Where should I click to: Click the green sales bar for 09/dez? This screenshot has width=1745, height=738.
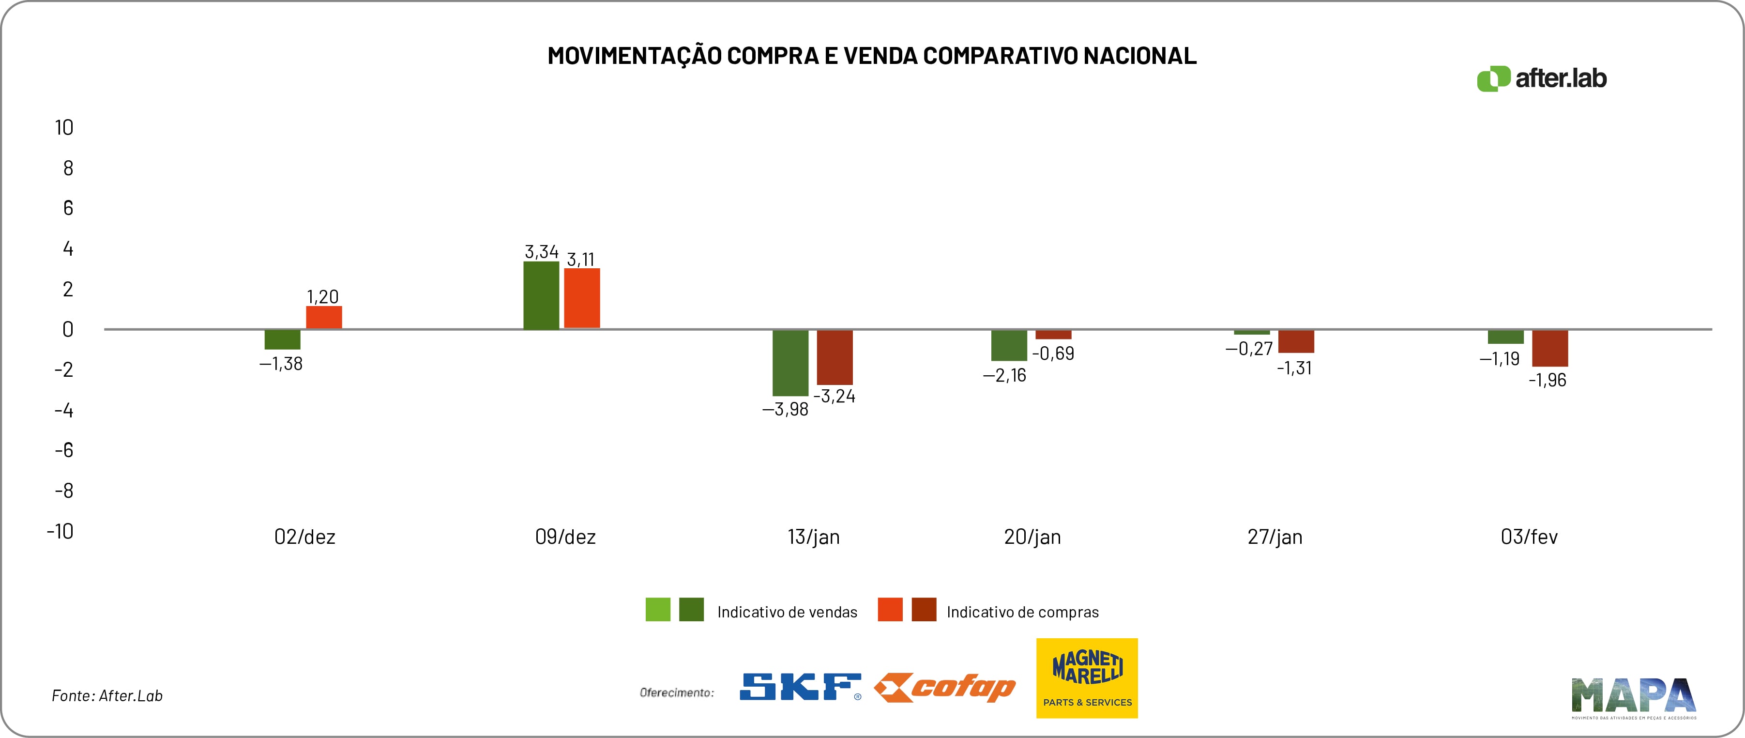click(x=541, y=295)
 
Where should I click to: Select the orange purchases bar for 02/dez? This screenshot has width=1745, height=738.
click(x=324, y=317)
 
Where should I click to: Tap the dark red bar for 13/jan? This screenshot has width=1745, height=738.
click(x=835, y=357)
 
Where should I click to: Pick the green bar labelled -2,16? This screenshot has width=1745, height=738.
click(x=1009, y=345)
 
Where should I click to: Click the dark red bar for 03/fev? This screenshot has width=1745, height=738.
click(x=1550, y=348)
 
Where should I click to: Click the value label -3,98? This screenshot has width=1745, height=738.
click(x=785, y=409)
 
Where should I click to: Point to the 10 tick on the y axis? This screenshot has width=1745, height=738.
click(x=64, y=127)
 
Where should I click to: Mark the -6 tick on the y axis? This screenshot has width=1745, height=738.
click(x=64, y=450)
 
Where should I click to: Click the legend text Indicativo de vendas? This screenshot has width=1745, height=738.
click(x=787, y=612)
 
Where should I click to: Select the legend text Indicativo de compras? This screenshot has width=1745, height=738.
click(x=1022, y=612)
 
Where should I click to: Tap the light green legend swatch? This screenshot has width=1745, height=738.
click(x=658, y=609)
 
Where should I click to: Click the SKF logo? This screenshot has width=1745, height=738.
click(x=800, y=687)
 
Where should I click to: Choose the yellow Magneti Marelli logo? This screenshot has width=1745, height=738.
click(x=1087, y=677)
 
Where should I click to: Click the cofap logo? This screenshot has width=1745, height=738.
click(x=944, y=688)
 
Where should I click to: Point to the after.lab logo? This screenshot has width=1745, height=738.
click(x=1541, y=78)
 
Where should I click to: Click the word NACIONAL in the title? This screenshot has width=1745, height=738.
click(x=1139, y=56)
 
